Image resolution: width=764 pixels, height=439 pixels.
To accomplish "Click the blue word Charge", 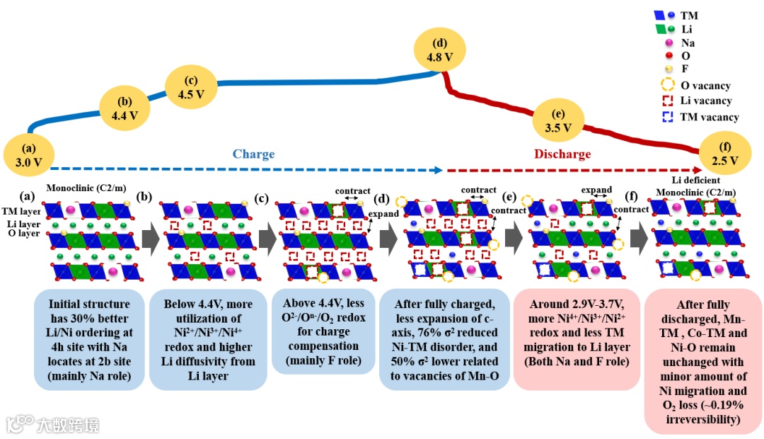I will click(x=253, y=154).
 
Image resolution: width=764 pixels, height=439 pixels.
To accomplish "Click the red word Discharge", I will click(x=562, y=154).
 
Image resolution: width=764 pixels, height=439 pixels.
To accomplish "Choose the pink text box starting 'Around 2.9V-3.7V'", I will click(x=574, y=339).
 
